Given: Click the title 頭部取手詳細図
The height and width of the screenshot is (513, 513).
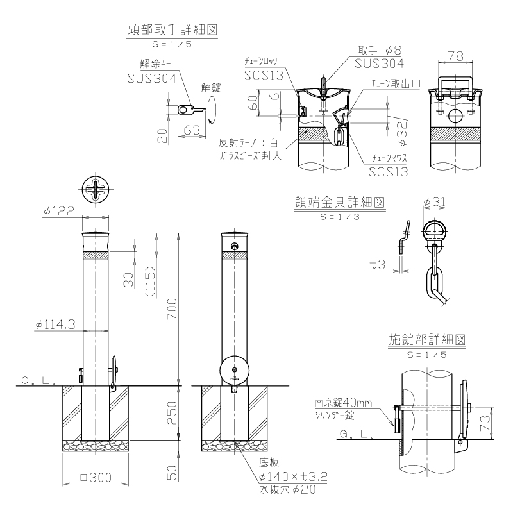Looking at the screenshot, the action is pyautogui.click(x=172, y=29).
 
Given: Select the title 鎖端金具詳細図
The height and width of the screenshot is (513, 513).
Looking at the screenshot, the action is pyautogui.click(x=340, y=203).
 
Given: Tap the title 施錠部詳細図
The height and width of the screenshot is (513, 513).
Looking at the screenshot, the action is pyautogui.click(x=427, y=340).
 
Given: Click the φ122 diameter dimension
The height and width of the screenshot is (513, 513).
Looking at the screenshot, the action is pyautogui.click(x=59, y=211).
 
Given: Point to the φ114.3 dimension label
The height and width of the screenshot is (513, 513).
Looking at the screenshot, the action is pyautogui.click(x=55, y=324).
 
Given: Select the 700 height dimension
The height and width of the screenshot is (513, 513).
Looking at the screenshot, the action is pyautogui.click(x=172, y=309).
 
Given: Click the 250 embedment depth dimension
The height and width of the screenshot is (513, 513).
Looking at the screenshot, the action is pyautogui.click(x=172, y=413).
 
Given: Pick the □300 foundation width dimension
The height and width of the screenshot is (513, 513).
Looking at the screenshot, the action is pyautogui.click(x=96, y=478).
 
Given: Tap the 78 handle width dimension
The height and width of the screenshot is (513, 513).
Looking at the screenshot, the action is pyautogui.click(x=455, y=56).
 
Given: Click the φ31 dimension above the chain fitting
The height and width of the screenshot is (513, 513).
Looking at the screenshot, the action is pyautogui.click(x=434, y=202).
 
